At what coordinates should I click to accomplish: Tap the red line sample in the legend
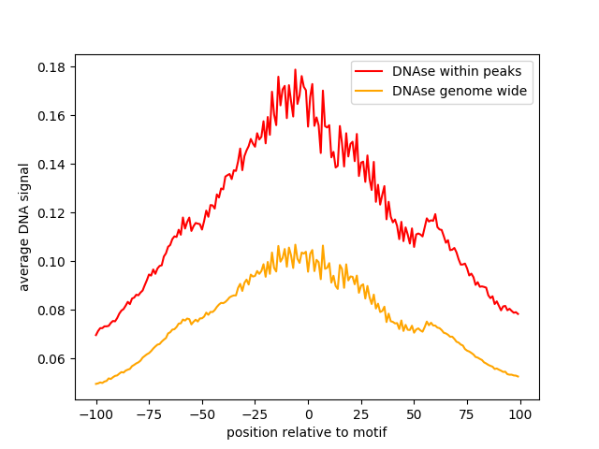370,70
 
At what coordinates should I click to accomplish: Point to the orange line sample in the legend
370,91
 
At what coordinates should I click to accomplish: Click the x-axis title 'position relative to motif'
307,432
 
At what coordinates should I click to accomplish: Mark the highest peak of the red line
295,69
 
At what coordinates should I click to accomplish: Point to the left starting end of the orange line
95,384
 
